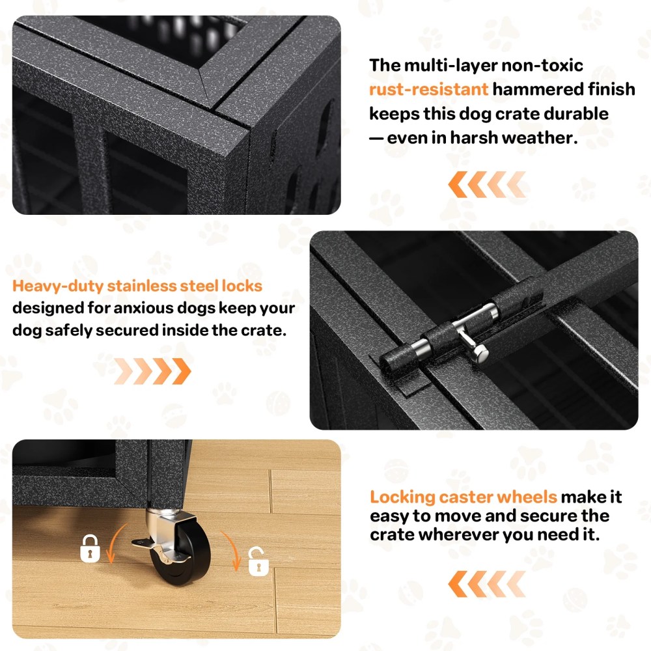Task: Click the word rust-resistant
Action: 428,89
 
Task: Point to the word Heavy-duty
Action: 57,286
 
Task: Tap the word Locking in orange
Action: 402,497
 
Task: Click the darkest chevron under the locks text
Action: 182,371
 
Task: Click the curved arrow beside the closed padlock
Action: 112,542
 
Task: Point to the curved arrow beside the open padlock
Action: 231,550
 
